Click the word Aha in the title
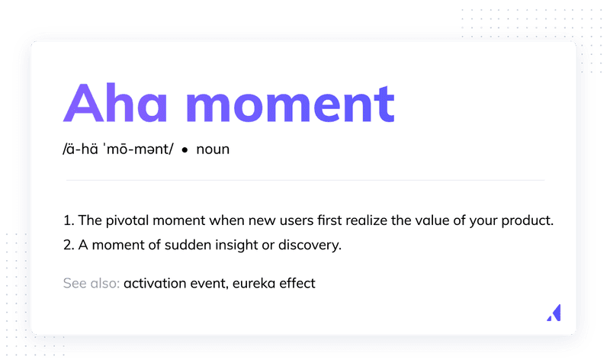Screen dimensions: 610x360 (x=115, y=103)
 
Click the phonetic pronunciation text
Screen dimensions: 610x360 (x=118, y=149)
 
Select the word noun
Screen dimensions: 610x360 (x=213, y=149)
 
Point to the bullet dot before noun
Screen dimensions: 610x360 (x=185, y=149)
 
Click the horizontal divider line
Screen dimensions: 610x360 (x=306, y=180)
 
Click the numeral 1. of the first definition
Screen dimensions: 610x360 (x=69, y=220)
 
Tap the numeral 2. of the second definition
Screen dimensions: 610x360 (x=69, y=245)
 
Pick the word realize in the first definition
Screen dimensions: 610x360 (x=367, y=220)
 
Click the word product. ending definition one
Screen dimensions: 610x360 (x=527, y=220)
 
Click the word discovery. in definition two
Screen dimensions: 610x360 (x=310, y=245)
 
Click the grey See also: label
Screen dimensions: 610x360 (x=91, y=283)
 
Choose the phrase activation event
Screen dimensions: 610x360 (x=175, y=283)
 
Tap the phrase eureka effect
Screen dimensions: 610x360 (x=274, y=283)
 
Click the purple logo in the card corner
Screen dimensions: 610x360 (x=556, y=313)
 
